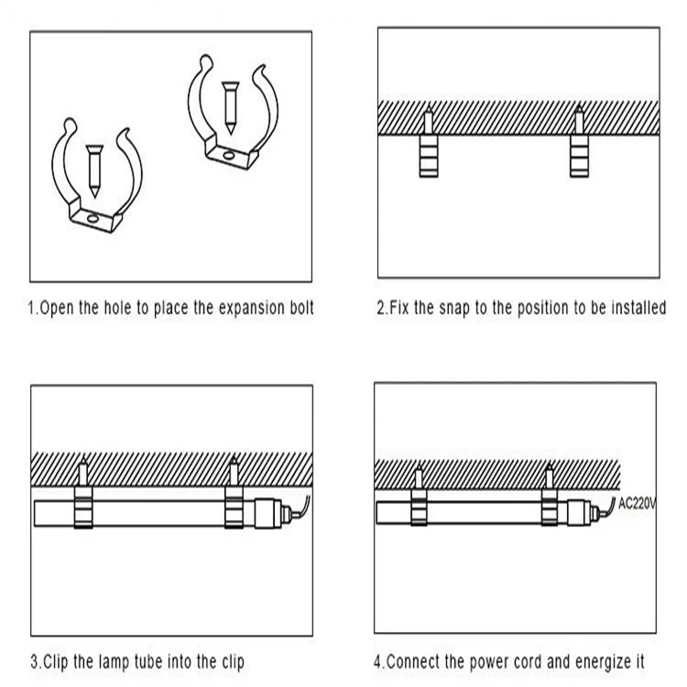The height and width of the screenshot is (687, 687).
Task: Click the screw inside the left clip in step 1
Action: point(94,171)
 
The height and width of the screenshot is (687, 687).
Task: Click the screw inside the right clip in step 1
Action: point(230,108)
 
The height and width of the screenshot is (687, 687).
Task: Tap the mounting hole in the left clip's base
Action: point(93,219)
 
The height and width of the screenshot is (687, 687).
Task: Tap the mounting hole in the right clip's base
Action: point(228,156)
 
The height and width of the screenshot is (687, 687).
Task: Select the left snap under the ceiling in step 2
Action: point(429,156)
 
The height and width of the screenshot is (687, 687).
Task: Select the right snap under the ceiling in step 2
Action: point(579,156)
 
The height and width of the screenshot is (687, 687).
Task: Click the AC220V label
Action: point(638,504)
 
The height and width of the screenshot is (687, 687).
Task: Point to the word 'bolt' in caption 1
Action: point(302,307)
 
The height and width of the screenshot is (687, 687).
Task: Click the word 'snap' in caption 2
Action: point(454,308)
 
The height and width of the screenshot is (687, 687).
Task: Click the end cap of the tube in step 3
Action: point(267,512)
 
